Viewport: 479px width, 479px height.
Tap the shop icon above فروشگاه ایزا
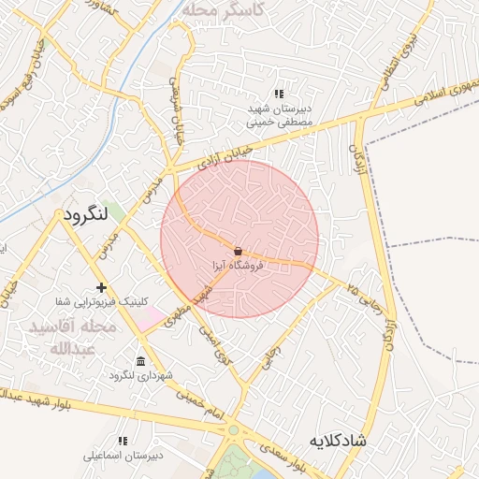click(x=239, y=251)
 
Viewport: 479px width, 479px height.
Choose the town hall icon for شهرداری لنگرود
click(x=140, y=361)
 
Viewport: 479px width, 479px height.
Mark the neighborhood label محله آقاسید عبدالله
click(x=72, y=338)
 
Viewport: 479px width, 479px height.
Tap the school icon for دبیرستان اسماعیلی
click(x=122, y=440)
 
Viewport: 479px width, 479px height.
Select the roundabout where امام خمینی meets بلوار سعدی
click(x=234, y=431)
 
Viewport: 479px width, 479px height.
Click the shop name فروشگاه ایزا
click(x=239, y=266)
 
